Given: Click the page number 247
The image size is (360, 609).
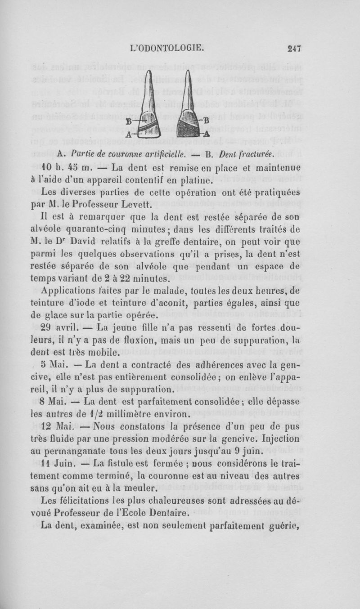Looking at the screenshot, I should [294, 48].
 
